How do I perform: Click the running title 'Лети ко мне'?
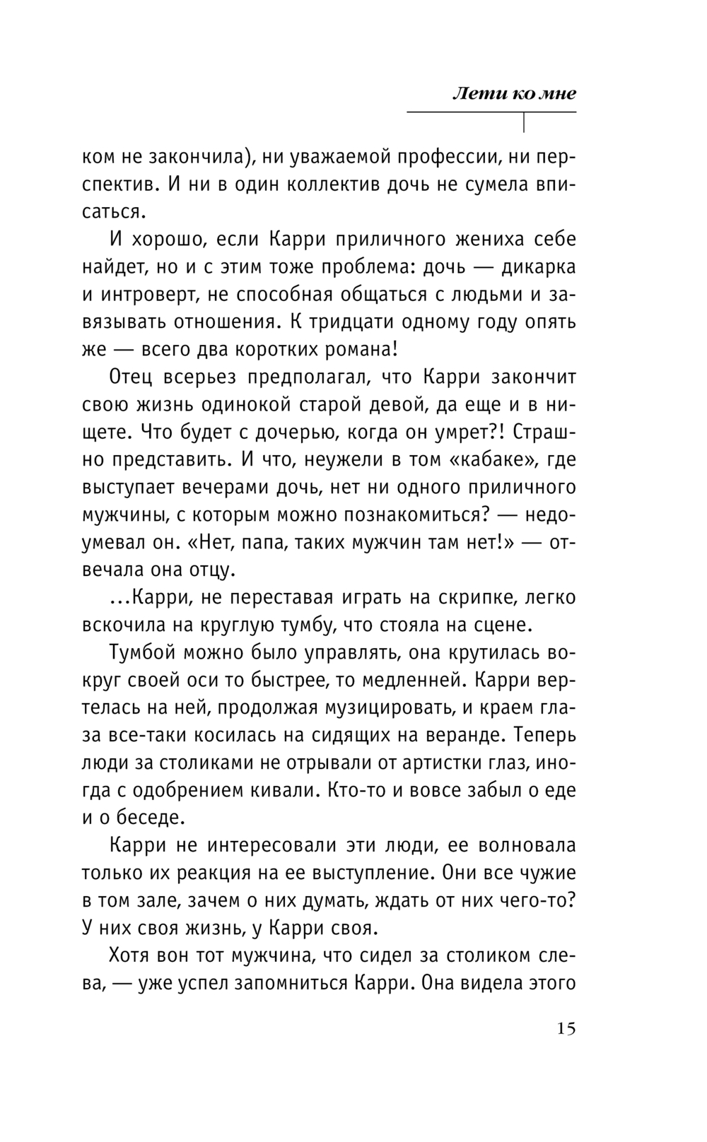click(514, 93)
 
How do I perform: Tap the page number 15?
click(566, 1028)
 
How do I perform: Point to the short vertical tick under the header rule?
click(524, 122)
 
